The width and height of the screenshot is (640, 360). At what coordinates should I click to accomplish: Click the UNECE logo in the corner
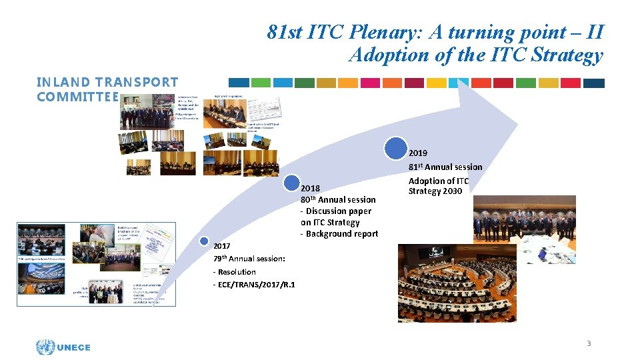tap(63, 346)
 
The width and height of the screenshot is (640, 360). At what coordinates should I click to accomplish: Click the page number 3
tap(588, 343)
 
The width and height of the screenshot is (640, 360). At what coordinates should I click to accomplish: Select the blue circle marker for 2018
tap(291, 183)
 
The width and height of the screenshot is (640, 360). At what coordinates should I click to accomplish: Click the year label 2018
tap(310, 188)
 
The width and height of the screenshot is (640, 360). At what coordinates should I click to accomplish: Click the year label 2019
tap(418, 153)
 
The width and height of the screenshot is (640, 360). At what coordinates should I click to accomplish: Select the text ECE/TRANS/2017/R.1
tap(254, 285)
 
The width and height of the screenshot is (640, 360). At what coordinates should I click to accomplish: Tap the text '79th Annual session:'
tap(249, 258)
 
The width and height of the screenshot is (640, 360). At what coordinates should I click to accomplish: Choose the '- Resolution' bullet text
tap(234, 271)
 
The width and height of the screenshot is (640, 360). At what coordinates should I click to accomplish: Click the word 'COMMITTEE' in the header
tap(77, 97)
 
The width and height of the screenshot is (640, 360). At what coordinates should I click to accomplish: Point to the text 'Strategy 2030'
tap(435, 191)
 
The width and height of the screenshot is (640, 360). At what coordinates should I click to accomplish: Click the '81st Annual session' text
tap(445, 167)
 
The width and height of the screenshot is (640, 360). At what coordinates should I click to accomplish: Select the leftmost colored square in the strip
tap(239, 83)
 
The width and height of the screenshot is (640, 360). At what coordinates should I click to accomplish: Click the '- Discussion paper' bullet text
tap(336, 211)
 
